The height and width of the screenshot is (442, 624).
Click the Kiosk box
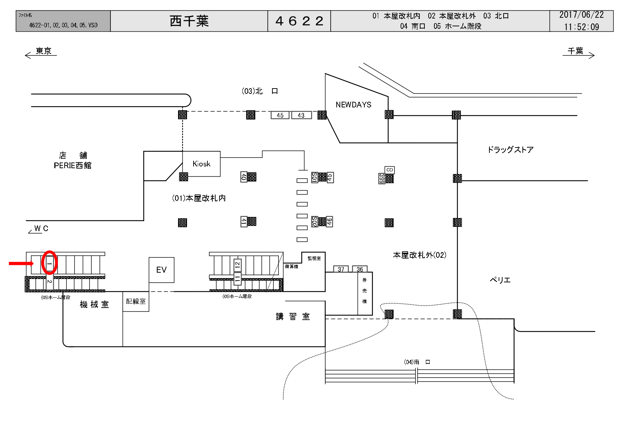pos(201,164)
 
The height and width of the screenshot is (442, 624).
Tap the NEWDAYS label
pos(353,105)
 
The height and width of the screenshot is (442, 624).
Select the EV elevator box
pos(161,270)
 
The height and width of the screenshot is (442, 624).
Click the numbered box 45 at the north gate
pos(280,115)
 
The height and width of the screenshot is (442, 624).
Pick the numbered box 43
pos(301,115)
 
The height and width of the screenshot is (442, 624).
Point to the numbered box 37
pos(341,269)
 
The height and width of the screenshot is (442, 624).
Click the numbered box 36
pos(360,269)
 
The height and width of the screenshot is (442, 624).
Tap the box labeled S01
pos(314,177)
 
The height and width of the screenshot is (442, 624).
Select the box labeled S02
pos(314,222)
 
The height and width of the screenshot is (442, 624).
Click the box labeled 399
pos(382,179)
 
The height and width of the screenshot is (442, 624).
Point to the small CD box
pos(390,170)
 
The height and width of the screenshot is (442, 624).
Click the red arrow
pos(21,263)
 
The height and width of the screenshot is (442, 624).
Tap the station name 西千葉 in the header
pos(189,21)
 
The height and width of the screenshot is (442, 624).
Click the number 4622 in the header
pos(299,21)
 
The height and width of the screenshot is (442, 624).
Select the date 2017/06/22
pos(581,15)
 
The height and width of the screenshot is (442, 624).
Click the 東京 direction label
pos(43,51)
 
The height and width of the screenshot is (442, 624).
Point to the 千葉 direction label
pos(575,51)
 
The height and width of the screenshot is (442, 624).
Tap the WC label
pos(41,228)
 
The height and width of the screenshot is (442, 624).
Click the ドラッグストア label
pos(510,150)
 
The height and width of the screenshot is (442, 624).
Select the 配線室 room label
pos(136,301)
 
